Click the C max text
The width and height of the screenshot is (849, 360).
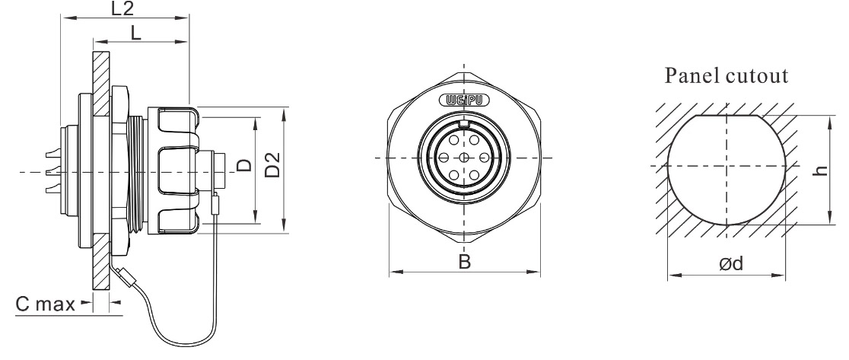tap(44, 304)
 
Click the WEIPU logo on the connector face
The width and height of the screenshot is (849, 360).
tap(464, 100)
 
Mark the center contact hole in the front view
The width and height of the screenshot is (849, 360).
tap(464, 158)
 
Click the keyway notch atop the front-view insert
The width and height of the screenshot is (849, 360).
tap(464, 123)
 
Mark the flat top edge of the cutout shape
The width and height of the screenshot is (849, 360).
tap(727, 116)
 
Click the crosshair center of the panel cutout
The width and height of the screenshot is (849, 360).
tap(727, 167)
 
